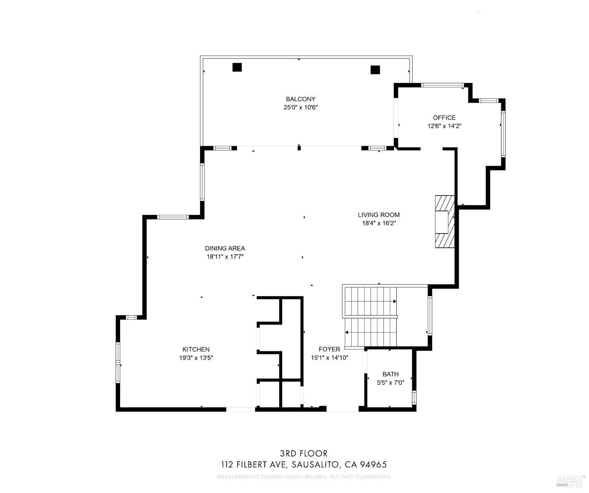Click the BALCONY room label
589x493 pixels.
click(x=300, y=99)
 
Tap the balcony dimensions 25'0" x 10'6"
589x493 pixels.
click(x=300, y=107)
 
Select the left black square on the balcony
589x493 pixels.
click(x=237, y=67)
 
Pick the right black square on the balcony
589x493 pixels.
click(x=375, y=70)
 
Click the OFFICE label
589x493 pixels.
click(x=444, y=117)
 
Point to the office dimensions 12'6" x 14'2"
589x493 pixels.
click(x=444, y=126)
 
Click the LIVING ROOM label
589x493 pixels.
click(x=379, y=215)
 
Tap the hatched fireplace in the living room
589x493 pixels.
click(x=444, y=222)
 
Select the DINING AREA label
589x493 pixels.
click(x=225, y=248)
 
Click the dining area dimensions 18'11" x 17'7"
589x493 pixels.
click(x=225, y=257)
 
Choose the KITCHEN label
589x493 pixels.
click(x=196, y=349)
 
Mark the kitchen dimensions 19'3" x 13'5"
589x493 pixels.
click(x=196, y=358)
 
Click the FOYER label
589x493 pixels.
click(x=329, y=349)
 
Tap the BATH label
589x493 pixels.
click(x=390, y=374)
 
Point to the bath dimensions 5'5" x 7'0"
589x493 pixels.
click(x=390, y=383)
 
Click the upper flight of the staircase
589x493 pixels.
click(x=369, y=301)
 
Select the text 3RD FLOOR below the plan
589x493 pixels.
click(x=304, y=454)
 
